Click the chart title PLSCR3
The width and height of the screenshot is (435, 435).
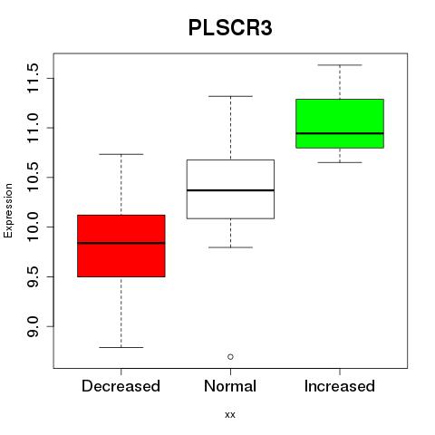coord(230,28)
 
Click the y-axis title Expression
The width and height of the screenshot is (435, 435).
coord(8,211)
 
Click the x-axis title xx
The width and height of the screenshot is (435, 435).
coord(230,415)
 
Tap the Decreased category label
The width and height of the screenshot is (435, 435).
coord(121,386)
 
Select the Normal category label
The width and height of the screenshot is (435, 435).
coord(230,386)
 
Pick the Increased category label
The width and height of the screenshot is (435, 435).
coord(340,386)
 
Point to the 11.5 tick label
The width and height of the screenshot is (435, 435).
coord(33,78)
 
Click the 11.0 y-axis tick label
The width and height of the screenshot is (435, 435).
coord(33,128)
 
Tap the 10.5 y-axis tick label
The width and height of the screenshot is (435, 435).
coord(33,178)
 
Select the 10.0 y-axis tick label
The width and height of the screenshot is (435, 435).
coord(33,227)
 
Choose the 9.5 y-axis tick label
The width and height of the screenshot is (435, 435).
coord(33,276)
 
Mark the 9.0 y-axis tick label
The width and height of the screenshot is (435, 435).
coord(33,326)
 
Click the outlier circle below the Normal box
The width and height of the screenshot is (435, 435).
coord(230,357)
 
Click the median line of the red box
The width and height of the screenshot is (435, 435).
coord(121,243)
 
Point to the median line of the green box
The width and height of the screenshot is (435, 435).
coord(340,133)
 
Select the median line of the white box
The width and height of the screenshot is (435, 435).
coord(230,190)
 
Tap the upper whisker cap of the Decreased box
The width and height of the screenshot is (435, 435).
coord(121,154)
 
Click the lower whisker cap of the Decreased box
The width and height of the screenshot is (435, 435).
coord(121,347)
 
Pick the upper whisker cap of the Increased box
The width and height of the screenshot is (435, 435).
coord(340,65)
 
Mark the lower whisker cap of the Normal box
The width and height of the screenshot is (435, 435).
coord(230,247)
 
